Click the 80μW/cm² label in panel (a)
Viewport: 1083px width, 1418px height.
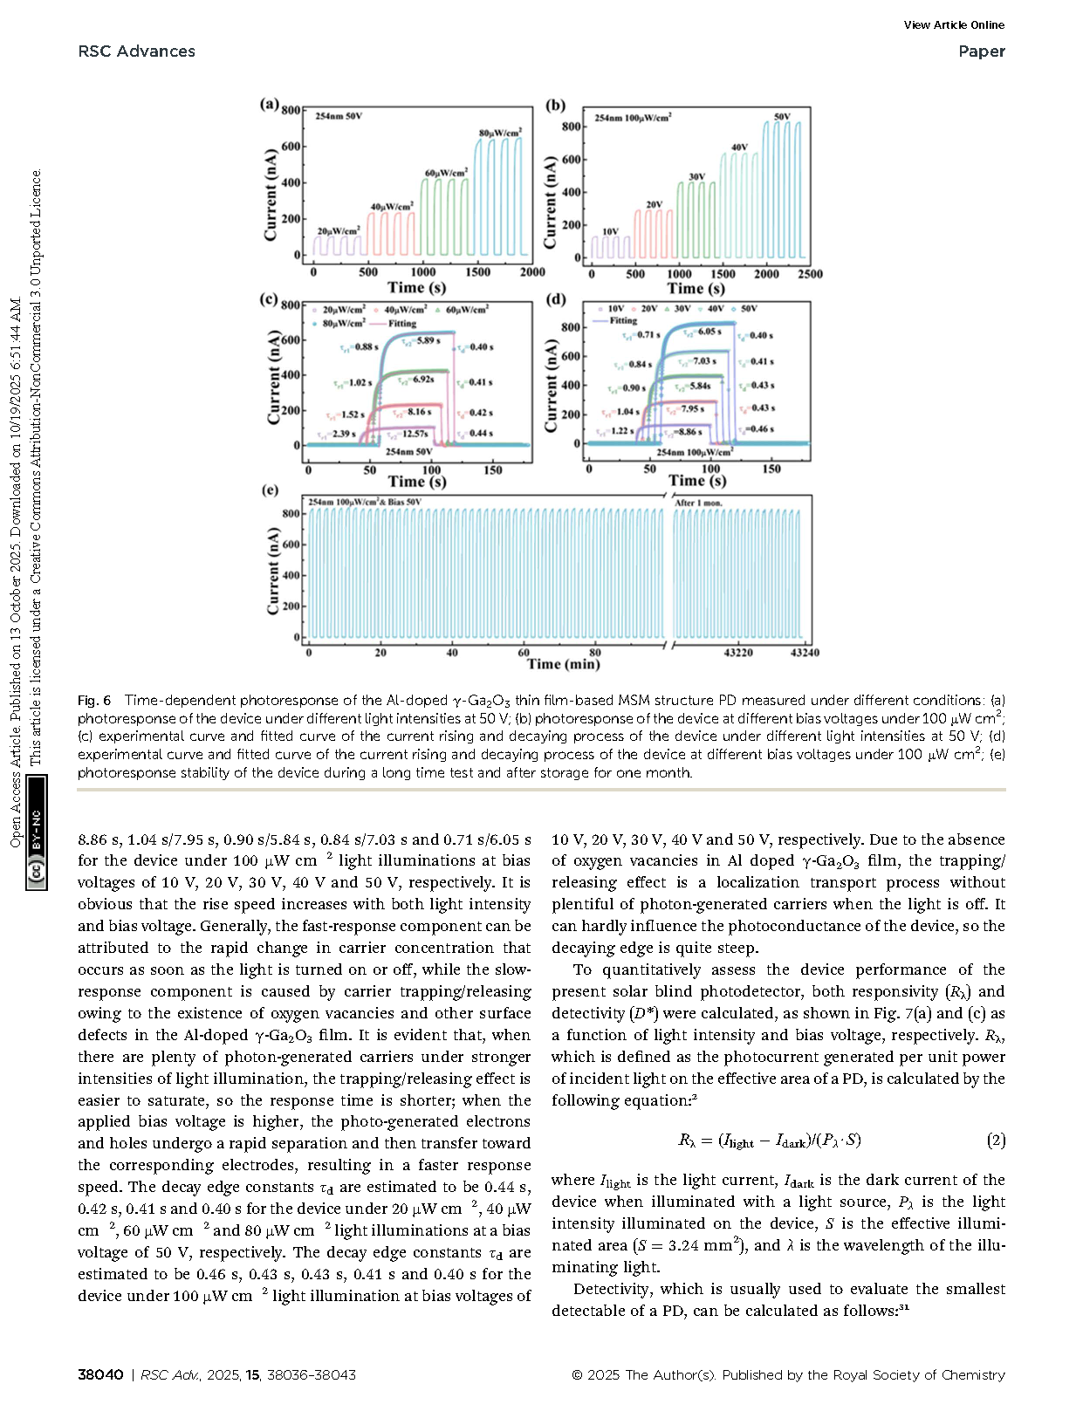(x=501, y=133)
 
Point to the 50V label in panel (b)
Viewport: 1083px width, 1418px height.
(x=782, y=117)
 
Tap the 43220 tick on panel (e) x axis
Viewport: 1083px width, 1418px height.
(x=738, y=653)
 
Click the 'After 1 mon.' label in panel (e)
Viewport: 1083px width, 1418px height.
(x=698, y=503)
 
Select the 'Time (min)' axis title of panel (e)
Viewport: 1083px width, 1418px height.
(x=563, y=665)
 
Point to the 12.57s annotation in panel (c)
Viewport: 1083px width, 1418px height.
(x=415, y=433)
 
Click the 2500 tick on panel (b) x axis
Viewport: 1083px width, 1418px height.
(x=810, y=274)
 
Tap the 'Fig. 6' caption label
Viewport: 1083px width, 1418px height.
(x=94, y=701)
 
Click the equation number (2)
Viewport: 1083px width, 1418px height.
(x=996, y=1140)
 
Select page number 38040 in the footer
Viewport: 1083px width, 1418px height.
(x=100, y=1374)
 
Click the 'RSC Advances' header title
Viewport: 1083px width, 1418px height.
(x=136, y=51)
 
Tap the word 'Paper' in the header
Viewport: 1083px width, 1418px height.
(x=981, y=51)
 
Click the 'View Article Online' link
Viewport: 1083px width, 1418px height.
(x=954, y=25)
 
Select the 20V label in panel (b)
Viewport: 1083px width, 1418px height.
(x=654, y=205)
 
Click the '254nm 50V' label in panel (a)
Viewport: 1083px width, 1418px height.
(x=339, y=115)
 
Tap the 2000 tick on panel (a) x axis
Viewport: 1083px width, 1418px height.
(x=532, y=272)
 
